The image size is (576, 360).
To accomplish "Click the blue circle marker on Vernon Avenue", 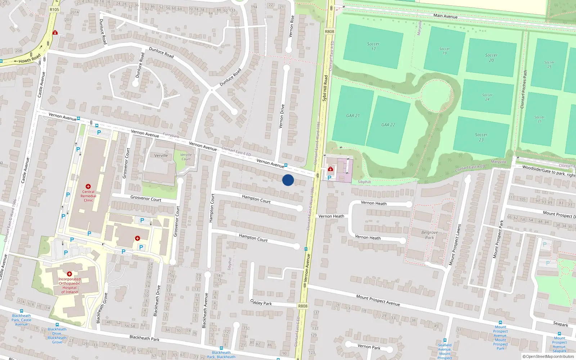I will tap(288, 180).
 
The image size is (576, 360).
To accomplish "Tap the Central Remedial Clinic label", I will tap(88, 196).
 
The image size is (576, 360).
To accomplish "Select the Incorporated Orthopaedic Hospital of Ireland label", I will tap(69, 285).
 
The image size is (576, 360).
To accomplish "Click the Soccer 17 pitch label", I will tap(373, 46).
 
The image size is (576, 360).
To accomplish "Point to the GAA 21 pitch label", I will tap(353, 116).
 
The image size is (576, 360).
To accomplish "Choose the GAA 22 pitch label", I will tap(388, 125).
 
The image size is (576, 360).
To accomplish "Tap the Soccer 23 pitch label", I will tap(481, 137).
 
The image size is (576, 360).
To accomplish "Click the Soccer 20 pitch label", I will tap(491, 58).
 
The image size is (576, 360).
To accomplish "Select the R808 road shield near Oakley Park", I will tap(303, 306).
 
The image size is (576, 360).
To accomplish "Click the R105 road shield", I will tap(54, 10).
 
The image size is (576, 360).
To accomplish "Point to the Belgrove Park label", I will tap(429, 235).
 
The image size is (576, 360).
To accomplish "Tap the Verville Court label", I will tap(186, 157).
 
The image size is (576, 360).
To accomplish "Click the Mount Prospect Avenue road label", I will tap(378, 300).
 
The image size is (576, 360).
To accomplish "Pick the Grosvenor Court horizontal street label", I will tap(146, 198).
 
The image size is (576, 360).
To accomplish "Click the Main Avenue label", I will tap(445, 16).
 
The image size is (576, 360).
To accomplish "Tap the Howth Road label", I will tap(30, 58).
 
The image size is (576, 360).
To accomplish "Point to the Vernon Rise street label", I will tap(291, 27).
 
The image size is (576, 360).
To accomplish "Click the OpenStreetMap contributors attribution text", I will tap(548, 356).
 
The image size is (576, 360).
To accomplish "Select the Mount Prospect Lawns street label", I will tap(455, 245).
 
